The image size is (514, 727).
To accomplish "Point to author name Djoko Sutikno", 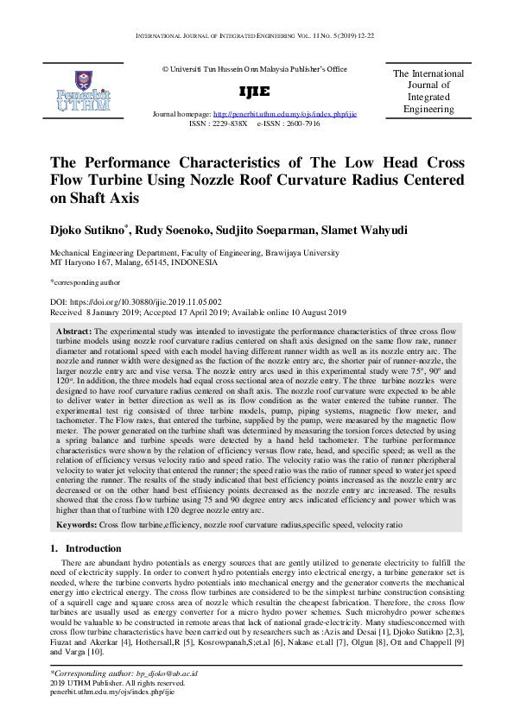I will coord(89,231).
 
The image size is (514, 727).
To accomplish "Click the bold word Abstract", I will coord(73,331).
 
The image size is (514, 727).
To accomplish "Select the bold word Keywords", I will coord(76,525).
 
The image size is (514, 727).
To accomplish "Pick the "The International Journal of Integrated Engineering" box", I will coord(428,92).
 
